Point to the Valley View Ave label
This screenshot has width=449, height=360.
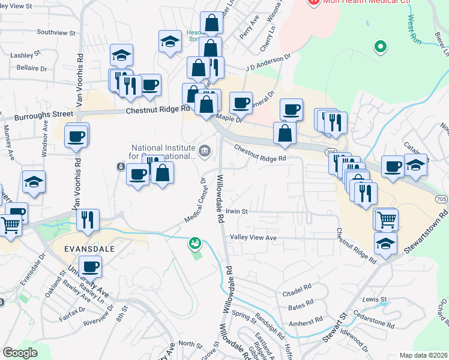pyautogui.click(x=253, y=238)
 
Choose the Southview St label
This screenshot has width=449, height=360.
pyautogui.click(x=56, y=32)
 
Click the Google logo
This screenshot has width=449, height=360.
pyautogui.click(x=20, y=353)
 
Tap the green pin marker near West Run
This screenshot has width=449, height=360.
pyautogui.click(x=379, y=46)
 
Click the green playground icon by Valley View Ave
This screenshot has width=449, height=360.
pyautogui.click(x=195, y=244)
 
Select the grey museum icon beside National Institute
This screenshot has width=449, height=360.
pyautogui.click(x=205, y=150)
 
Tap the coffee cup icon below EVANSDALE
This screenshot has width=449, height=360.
pyautogui.click(x=90, y=266)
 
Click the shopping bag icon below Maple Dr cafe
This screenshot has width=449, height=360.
pyautogui.click(x=285, y=133)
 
